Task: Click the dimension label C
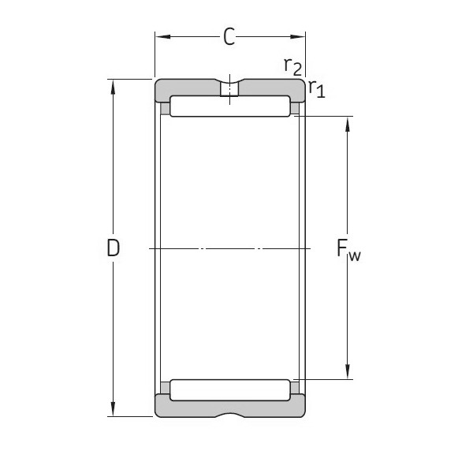[x=229, y=37]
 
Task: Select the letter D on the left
[x=114, y=248]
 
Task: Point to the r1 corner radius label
[x=316, y=88]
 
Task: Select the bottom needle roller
[x=229, y=389]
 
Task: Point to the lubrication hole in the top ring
[x=229, y=89]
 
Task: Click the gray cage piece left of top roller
[x=165, y=108]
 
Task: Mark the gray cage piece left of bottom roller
[x=165, y=388]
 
